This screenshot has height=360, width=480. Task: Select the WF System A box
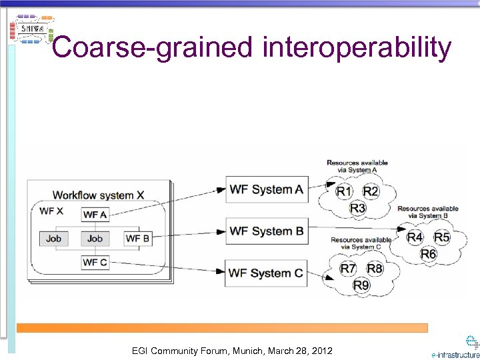pyautogui.click(x=266, y=190)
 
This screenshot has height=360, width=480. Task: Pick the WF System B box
pyautogui.click(x=266, y=231)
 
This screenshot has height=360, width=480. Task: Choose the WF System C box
pyautogui.click(x=266, y=273)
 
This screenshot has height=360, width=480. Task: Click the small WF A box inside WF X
pyautogui.click(x=95, y=215)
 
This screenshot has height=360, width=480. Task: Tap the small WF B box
pyautogui.click(x=138, y=238)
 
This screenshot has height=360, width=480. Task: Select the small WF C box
pyautogui.click(x=95, y=262)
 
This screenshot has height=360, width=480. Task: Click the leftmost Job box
pyautogui.click(x=53, y=238)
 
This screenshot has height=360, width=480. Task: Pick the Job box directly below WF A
pyautogui.click(x=95, y=238)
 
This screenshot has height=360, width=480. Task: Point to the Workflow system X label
pyautogui.click(x=98, y=195)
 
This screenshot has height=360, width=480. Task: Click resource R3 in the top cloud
pyautogui.click(x=358, y=209)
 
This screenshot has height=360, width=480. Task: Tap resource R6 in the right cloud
pyautogui.click(x=428, y=254)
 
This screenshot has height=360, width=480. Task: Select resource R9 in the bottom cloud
pyautogui.click(x=361, y=285)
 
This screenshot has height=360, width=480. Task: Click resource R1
pyautogui.click(x=344, y=192)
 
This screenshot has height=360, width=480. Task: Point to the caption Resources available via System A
pyautogui.click(x=357, y=166)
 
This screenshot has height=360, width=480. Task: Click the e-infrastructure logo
pyautogui.click(x=457, y=347)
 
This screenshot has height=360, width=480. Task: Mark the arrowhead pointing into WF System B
pyautogui.click(x=221, y=232)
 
